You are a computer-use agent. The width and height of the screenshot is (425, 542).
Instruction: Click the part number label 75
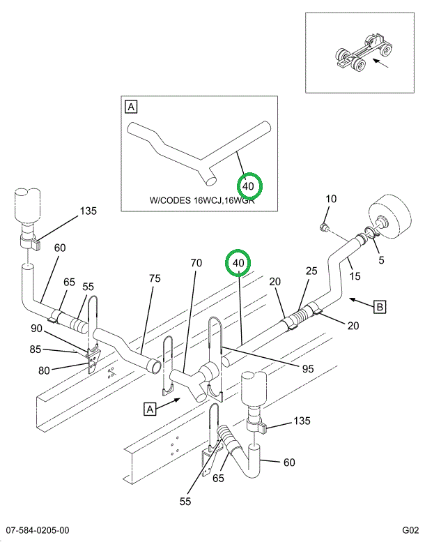point(155,278)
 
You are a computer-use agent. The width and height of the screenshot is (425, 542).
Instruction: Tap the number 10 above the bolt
point(331,199)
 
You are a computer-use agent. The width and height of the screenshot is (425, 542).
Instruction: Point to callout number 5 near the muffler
point(381,261)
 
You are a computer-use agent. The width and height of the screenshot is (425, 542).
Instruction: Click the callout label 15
point(355,276)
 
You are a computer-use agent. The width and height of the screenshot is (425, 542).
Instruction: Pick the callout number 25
point(311,271)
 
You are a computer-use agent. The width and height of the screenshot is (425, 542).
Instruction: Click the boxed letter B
point(380,306)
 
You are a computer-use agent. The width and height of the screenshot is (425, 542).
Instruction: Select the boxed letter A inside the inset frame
point(131,107)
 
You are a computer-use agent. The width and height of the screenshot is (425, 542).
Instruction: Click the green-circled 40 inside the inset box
point(249,186)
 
